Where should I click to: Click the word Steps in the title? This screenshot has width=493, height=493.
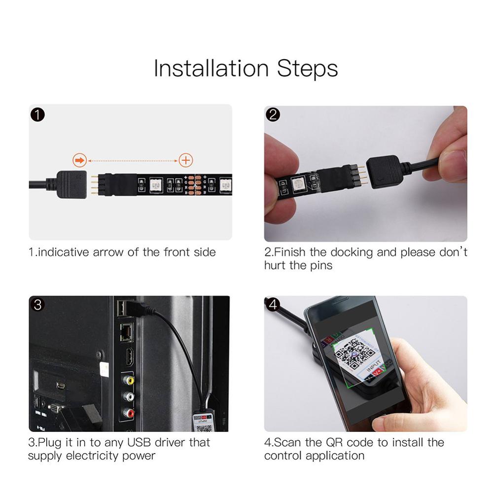point(307,69)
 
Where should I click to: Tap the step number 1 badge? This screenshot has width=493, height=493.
point(38,115)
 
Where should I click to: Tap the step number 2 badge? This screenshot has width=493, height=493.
point(273,115)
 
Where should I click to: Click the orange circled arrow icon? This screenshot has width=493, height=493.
point(79,160)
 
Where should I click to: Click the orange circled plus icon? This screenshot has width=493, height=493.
point(185,160)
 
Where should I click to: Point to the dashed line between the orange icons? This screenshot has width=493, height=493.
point(132,160)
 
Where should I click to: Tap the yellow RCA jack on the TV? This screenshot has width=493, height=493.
point(129,380)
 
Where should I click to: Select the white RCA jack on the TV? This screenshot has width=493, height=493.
point(129,396)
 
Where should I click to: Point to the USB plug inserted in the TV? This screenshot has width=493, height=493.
point(127,308)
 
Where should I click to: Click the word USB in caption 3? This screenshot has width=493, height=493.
point(139,442)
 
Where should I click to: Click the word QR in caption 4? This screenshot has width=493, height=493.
point(346,442)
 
